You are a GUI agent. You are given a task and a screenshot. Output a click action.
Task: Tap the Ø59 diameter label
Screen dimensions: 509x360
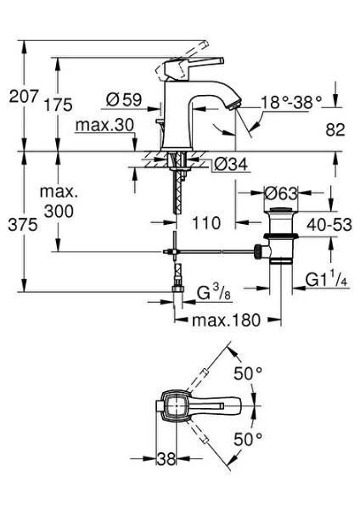pyautogui.click(x=124, y=98)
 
